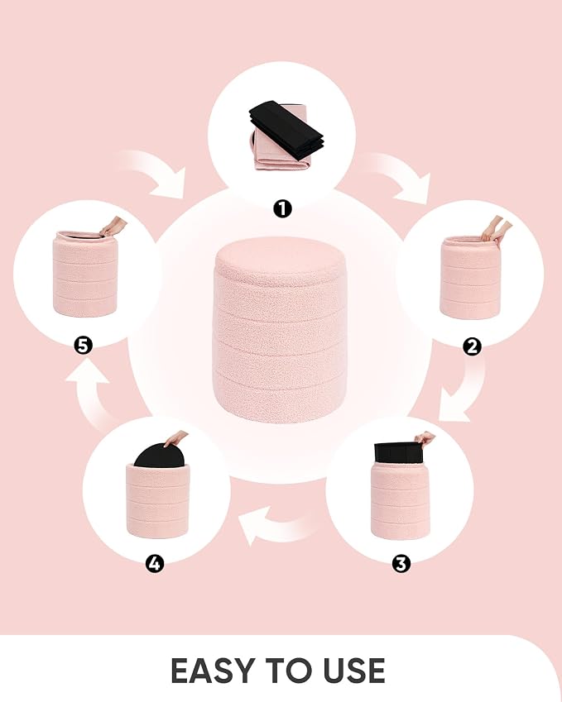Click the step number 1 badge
282,208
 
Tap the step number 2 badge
472,346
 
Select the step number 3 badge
401,564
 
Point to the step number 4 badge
155,564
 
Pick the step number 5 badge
83,346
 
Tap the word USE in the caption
353,671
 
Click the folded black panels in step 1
286,131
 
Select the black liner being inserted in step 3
399,452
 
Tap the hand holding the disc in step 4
175,439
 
